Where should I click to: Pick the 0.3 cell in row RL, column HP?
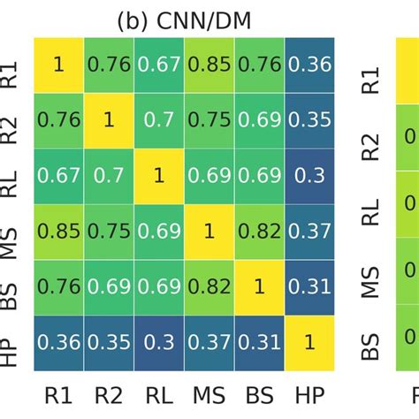tap(309, 174)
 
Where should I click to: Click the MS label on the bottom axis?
tap(209, 392)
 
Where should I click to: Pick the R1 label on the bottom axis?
tap(59, 392)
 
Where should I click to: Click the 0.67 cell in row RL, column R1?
tap(59, 174)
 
